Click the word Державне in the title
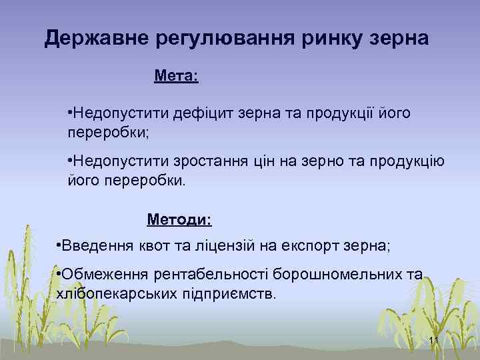tap(95, 39)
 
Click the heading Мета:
tap(175, 76)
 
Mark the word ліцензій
tap(222, 247)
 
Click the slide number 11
tap(433, 342)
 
